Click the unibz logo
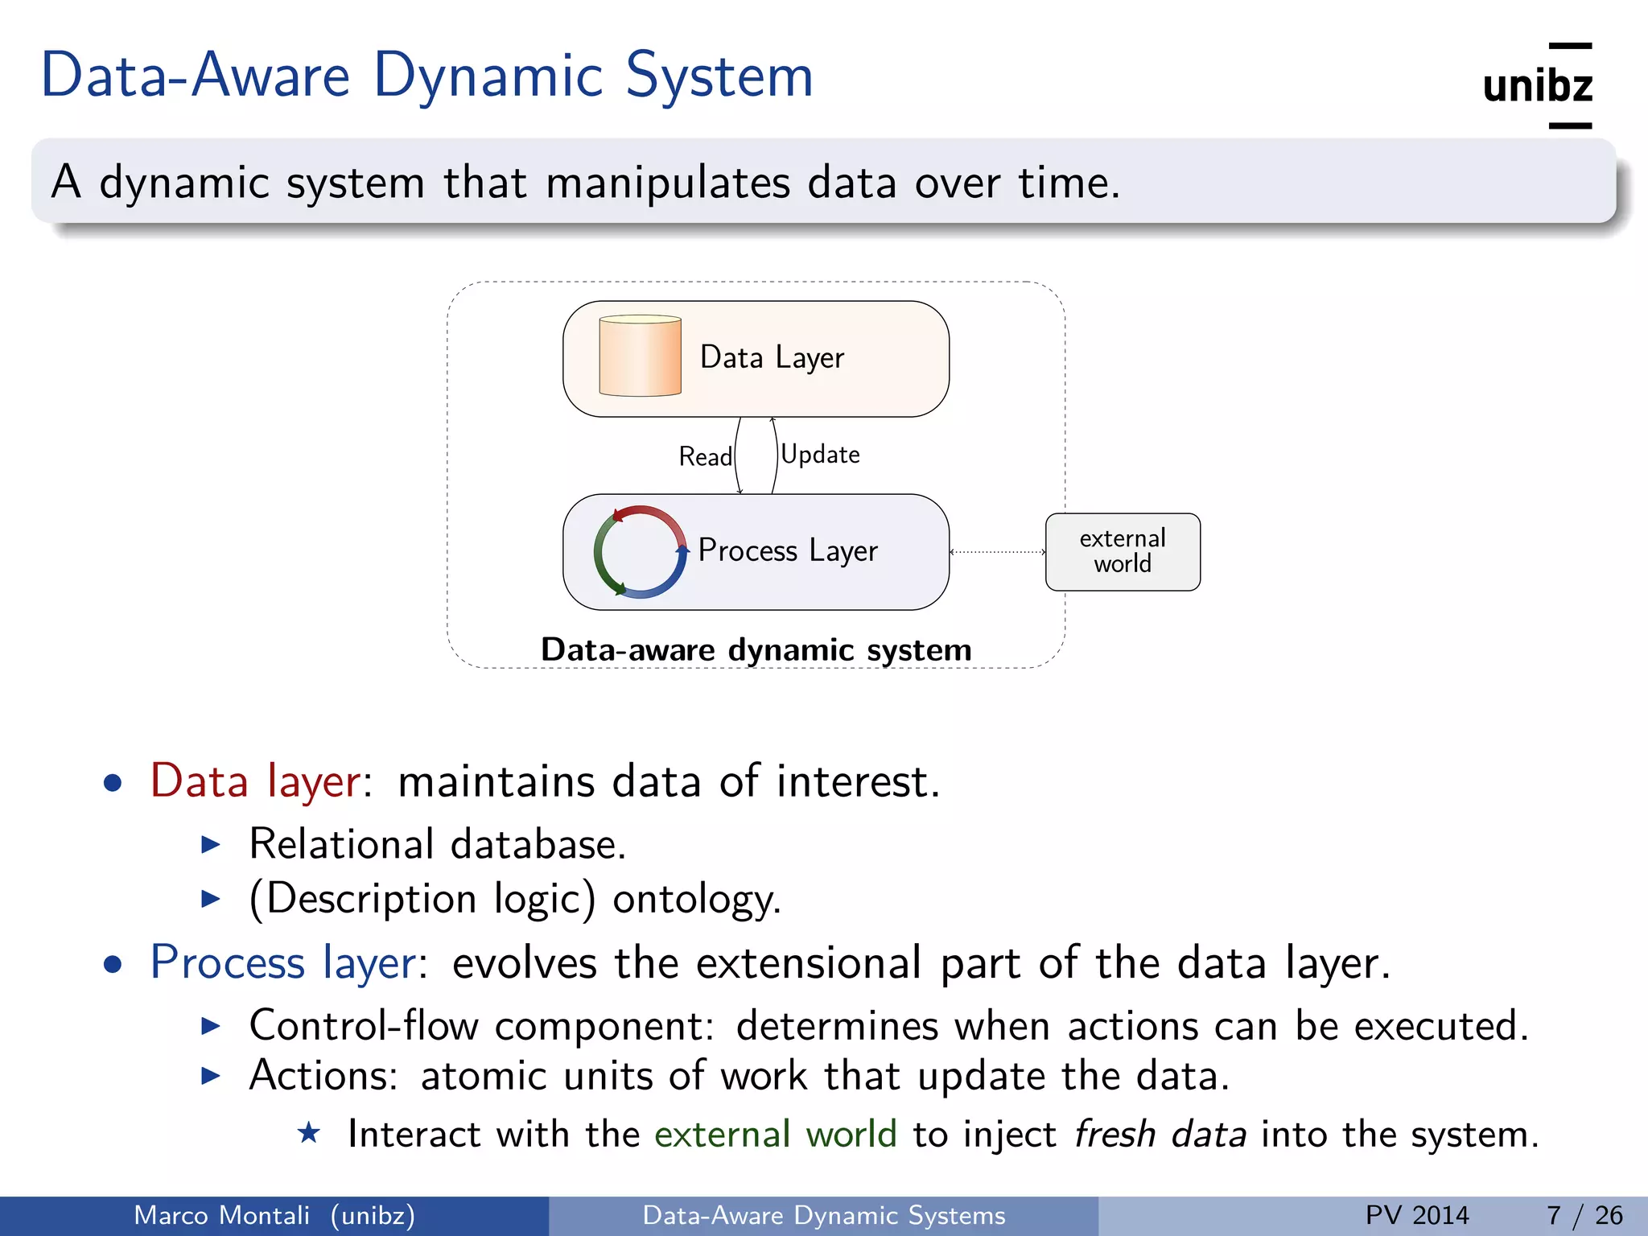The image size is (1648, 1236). click(x=1537, y=86)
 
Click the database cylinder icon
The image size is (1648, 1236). click(x=640, y=356)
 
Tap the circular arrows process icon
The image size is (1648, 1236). click(x=640, y=552)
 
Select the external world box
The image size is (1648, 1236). click(x=1123, y=552)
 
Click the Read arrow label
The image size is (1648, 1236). click(x=705, y=457)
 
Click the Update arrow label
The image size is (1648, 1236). click(x=820, y=455)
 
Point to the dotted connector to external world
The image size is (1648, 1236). click(x=998, y=552)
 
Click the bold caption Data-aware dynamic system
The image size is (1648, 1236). click(x=756, y=649)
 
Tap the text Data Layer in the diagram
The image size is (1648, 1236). click(x=772, y=357)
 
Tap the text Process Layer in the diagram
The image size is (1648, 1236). click(x=787, y=550)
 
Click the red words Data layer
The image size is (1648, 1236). click(x=255, y=781)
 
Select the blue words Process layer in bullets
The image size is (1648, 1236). click(x=283, y=962)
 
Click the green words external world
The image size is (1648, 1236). click(x=775, y=1135)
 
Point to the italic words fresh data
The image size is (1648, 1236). click(x=1160, y=1135)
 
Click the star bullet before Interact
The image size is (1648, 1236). click(x=309, y=1133)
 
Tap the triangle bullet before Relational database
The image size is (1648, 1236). click(x=211, y=844)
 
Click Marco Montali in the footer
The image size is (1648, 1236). click(x=221, y=1215)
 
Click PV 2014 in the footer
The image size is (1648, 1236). click(x=1416, y=1215)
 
